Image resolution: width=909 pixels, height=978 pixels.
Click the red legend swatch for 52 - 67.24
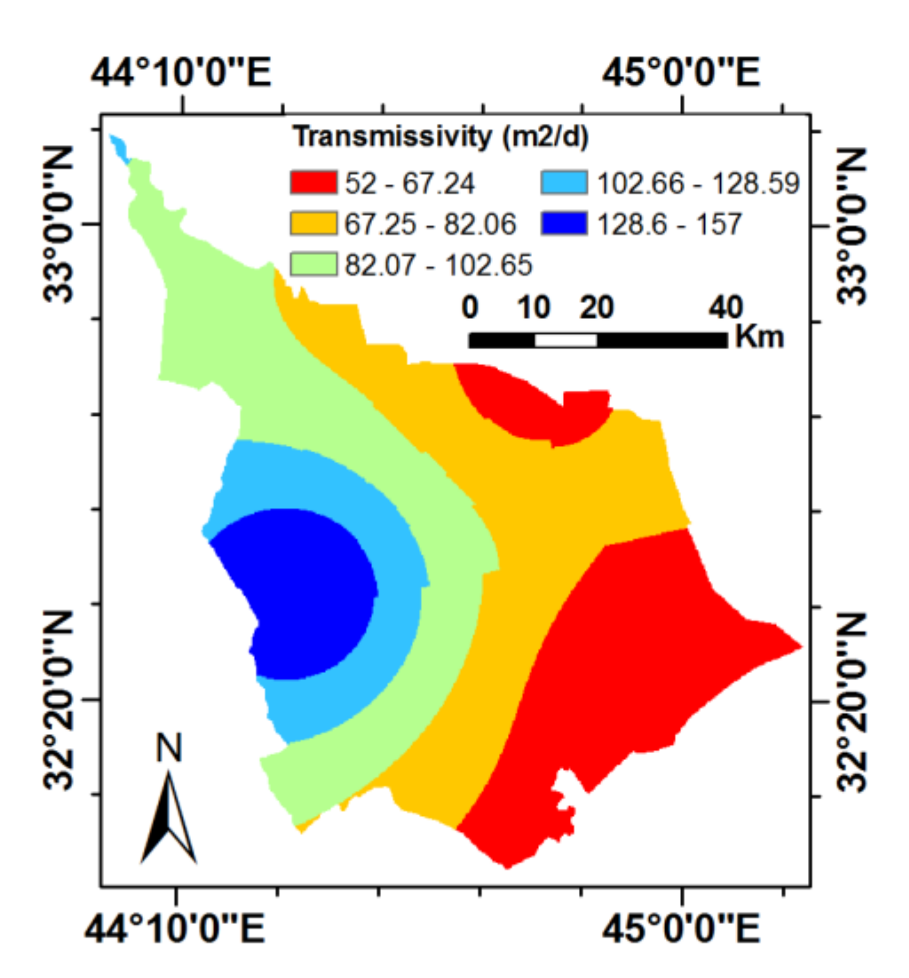(313, 182)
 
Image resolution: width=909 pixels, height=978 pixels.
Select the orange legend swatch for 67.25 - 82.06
(313, 224)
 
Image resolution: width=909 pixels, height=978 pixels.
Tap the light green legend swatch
(313, 264)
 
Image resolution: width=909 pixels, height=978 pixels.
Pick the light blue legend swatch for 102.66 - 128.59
(564, 182)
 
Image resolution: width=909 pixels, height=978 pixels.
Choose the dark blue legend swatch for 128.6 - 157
(564, 224)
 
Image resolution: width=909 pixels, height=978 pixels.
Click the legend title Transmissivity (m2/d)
(441, 137)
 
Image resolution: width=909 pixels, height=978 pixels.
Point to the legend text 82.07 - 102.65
(439, 265)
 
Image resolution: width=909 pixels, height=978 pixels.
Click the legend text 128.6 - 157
(669, 224)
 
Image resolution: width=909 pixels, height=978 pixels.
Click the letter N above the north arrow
(169, 748)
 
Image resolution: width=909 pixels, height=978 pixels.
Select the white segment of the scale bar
(566, 340)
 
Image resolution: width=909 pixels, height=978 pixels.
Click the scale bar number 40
(726, 308)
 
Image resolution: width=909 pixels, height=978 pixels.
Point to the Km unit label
(759, 337)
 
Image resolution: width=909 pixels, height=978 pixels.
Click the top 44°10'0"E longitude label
(181, 73)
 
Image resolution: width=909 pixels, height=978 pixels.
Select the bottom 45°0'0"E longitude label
(681, 928)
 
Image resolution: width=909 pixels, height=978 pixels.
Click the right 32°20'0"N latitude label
(852, 702)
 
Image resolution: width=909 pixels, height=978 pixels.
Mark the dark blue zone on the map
(302, 592)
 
